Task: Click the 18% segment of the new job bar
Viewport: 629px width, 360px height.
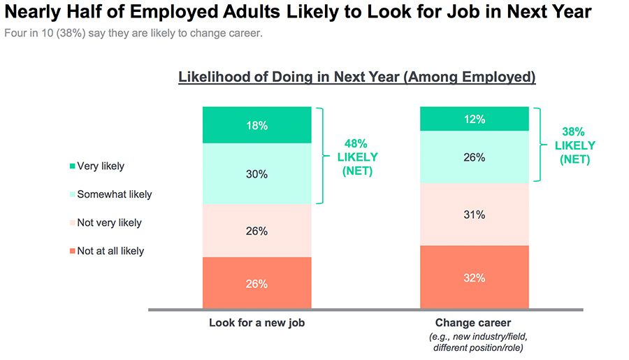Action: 256,125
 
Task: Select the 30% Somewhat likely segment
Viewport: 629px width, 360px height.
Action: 256,174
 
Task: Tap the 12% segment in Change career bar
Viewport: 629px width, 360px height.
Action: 474,119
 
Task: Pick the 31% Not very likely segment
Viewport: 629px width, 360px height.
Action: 474,215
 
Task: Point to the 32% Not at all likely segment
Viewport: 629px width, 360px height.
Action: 474,277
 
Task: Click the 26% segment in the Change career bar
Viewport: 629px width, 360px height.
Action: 474,157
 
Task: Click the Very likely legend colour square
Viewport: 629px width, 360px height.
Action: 72,166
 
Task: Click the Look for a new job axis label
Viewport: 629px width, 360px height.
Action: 256,323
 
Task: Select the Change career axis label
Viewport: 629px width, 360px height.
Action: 473,323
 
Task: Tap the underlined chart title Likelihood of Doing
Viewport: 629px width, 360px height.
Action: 356,77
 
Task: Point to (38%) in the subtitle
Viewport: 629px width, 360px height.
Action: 71,33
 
